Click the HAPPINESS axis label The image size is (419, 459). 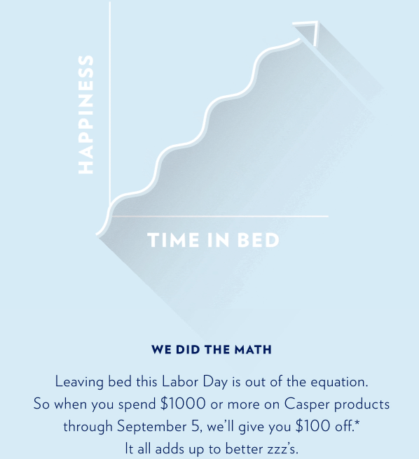pos(85,115)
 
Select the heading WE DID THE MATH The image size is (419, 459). pos(212,349)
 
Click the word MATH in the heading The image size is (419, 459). pos(254,349)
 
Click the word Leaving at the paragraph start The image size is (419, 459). pos(78,383)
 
